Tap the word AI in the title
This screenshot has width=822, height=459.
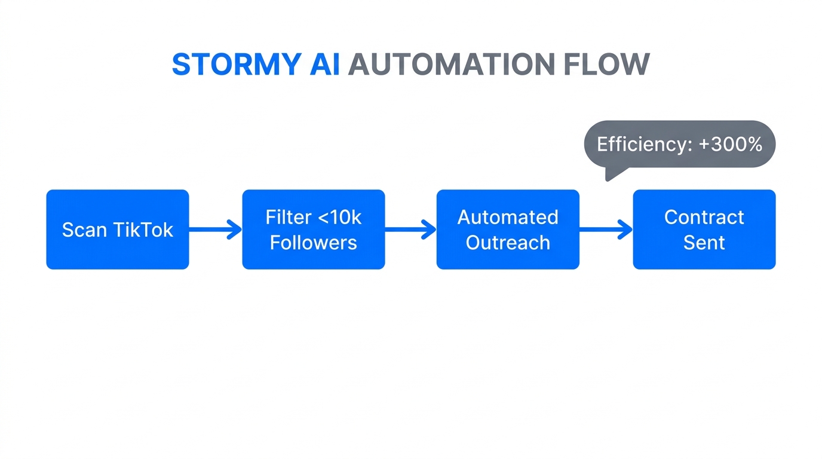(324, 64)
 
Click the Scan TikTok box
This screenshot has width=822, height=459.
(118, 229)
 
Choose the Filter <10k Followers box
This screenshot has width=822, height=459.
(313, 229)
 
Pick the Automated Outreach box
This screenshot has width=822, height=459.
(508, 229)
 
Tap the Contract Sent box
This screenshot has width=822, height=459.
(704, 229)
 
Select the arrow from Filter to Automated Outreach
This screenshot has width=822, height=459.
(410, 229)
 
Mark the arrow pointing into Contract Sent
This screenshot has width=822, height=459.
(606, 229)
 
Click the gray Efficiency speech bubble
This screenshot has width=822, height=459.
(679, 144)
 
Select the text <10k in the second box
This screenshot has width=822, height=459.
(339, 217)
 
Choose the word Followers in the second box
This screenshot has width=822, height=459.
(313, 243)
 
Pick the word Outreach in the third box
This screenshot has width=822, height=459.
(508, 243)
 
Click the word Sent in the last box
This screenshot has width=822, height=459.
(704, 243)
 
